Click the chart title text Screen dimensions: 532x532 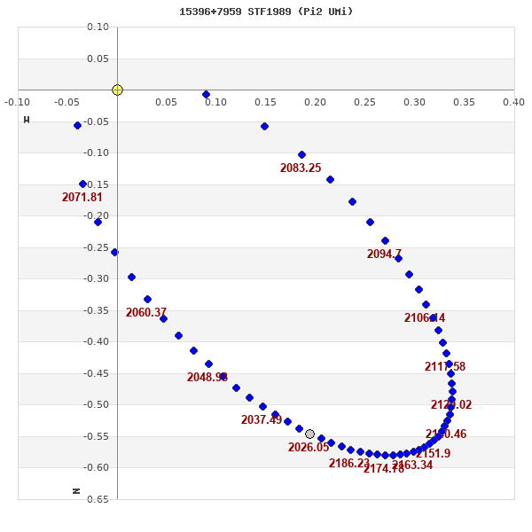266,12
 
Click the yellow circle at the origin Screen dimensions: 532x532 117,90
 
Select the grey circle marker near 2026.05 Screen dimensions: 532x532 309,434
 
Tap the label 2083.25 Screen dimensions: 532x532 301,168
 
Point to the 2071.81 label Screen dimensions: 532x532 82,197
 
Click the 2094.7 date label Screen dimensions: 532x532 384,254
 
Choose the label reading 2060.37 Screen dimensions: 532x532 146,312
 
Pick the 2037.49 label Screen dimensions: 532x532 262,419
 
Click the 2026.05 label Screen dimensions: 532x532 309,447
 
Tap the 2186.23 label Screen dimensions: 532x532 349,463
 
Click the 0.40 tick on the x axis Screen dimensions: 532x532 513,102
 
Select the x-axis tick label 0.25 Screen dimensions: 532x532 364,102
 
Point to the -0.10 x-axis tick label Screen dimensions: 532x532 17,102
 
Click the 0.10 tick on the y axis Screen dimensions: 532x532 98,27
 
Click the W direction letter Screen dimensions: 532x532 27,120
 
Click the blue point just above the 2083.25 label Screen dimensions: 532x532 301,154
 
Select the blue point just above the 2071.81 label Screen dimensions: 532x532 82,184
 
